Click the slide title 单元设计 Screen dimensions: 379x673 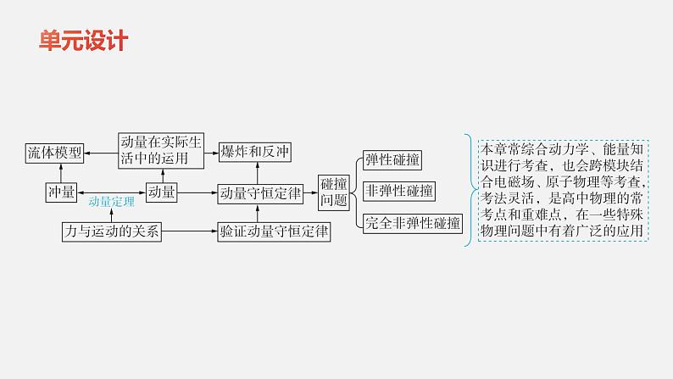(83, 40)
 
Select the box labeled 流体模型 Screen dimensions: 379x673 (53, 153)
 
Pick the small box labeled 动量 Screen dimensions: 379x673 (161, 192)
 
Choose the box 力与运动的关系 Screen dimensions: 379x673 (111, 231)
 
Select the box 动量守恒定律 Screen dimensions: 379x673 (260, 192)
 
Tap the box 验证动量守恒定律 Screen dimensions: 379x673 (275, 231)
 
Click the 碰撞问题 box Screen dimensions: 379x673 (333, 192)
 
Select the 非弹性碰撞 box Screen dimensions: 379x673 (398, 192)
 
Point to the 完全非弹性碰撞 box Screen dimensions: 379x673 (412, 224)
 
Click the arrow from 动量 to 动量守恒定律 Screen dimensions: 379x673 (196, 192)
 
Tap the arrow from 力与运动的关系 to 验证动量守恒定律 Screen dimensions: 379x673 (190, 231)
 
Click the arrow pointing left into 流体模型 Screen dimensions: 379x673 (101, 153)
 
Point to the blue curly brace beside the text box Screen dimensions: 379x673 (468, 188)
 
